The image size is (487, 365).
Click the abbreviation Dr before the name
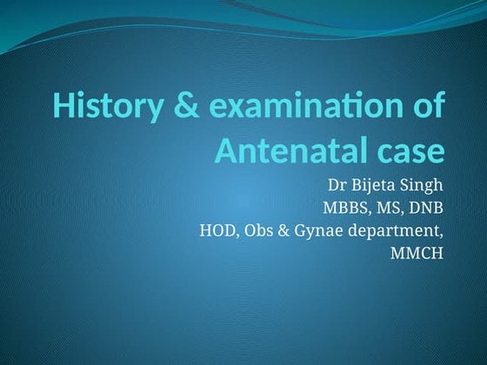pos(336,186)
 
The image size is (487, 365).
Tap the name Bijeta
pos(376,187)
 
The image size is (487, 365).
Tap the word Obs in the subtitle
pos(261,231)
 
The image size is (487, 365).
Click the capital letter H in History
pos(63,107)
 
